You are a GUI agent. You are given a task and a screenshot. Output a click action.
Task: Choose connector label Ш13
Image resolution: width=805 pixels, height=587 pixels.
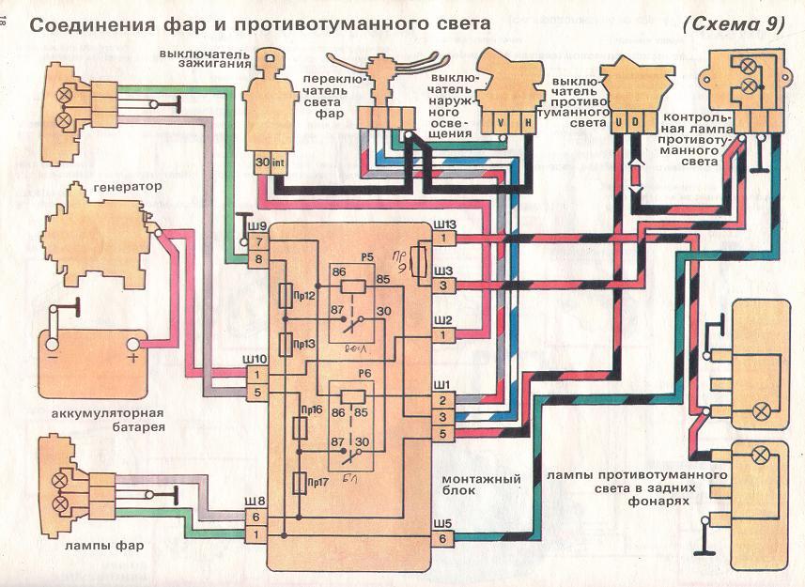(443, 224)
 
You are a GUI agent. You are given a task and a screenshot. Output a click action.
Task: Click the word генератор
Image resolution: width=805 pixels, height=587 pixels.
(127, 187)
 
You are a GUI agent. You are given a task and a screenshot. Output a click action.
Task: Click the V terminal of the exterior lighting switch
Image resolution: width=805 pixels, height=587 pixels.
(501, 122)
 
